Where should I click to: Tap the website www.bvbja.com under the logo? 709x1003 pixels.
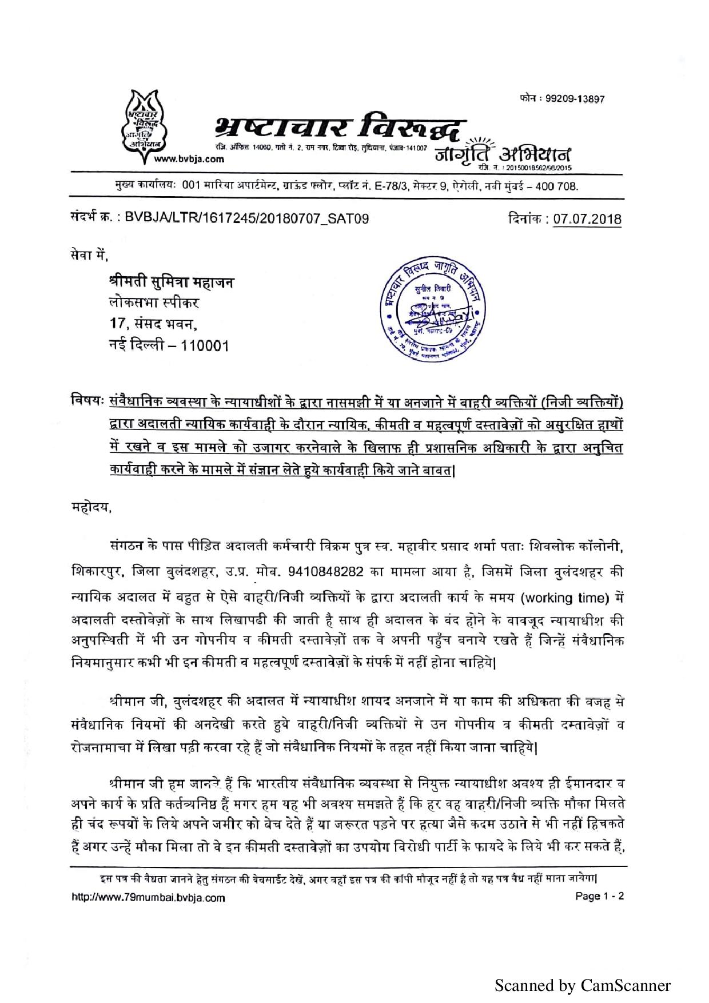pyautogui.click(x=189, y=159)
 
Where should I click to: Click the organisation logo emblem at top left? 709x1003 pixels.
pyautogui.click(x=144, y=123)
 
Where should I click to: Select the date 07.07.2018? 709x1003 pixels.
pyautogui.click(x=587, y=219)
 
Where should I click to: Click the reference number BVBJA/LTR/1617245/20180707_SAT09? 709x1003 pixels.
pyautogui.click(x=246, y=218)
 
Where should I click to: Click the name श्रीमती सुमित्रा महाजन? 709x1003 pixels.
pyautogui.click(x=171, y=282)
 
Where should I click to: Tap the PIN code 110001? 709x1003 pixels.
pyautogui.click(x=205, y=346)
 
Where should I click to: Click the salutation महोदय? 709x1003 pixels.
pyautogui.click(x=90, y=507)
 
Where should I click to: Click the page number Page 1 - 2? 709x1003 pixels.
pyautogui.click(x=599, y=896)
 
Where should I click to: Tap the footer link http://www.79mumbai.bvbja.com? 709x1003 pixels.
pyautogui.click(x=148, y=897)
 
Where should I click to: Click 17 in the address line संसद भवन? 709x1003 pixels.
pyautogui.click(x=117, y=324)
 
